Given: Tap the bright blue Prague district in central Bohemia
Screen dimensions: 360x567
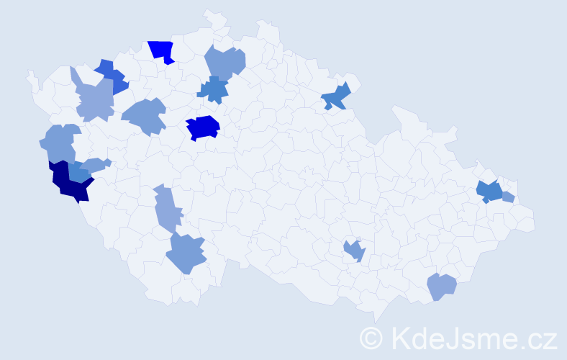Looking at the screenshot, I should pyautogui.click(x=203, y=127).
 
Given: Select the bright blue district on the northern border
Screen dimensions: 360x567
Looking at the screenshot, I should pyautogui.click(x=162, y=50).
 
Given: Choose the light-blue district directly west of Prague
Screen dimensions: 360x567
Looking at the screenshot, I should pyautogui.click(x=145, y=115).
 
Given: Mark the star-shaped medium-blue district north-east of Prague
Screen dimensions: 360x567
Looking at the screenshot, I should pyautogui.click(x=214, y=89).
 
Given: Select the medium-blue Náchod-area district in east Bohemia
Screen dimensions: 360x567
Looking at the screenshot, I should pyautogui.click(x=336, y=96).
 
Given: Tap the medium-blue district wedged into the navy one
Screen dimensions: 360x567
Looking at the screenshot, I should pyautogui.click(x=78, y=173).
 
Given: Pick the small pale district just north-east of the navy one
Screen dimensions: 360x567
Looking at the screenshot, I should pyautogui.click(x=96, y=165).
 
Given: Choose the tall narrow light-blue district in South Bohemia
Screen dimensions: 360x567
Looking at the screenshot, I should pyautogui.click(x=168, y=209).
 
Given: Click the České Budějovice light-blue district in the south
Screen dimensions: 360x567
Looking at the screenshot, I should pyautogui.click(x=187, y=253).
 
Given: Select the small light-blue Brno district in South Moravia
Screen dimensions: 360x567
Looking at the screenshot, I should pyautogui.click(x=355, y=251).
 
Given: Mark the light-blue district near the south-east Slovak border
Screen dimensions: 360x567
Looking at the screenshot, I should pyautogui.click(x=441, y=287).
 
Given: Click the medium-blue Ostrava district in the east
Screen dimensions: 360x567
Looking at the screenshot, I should pyautogui.click(x=490, y=192).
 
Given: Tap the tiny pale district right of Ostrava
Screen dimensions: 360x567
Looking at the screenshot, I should pyautogui.click(x=508, y=197).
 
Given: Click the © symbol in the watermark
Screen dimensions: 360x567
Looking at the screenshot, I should pyautogui.click(x=371, y=337).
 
